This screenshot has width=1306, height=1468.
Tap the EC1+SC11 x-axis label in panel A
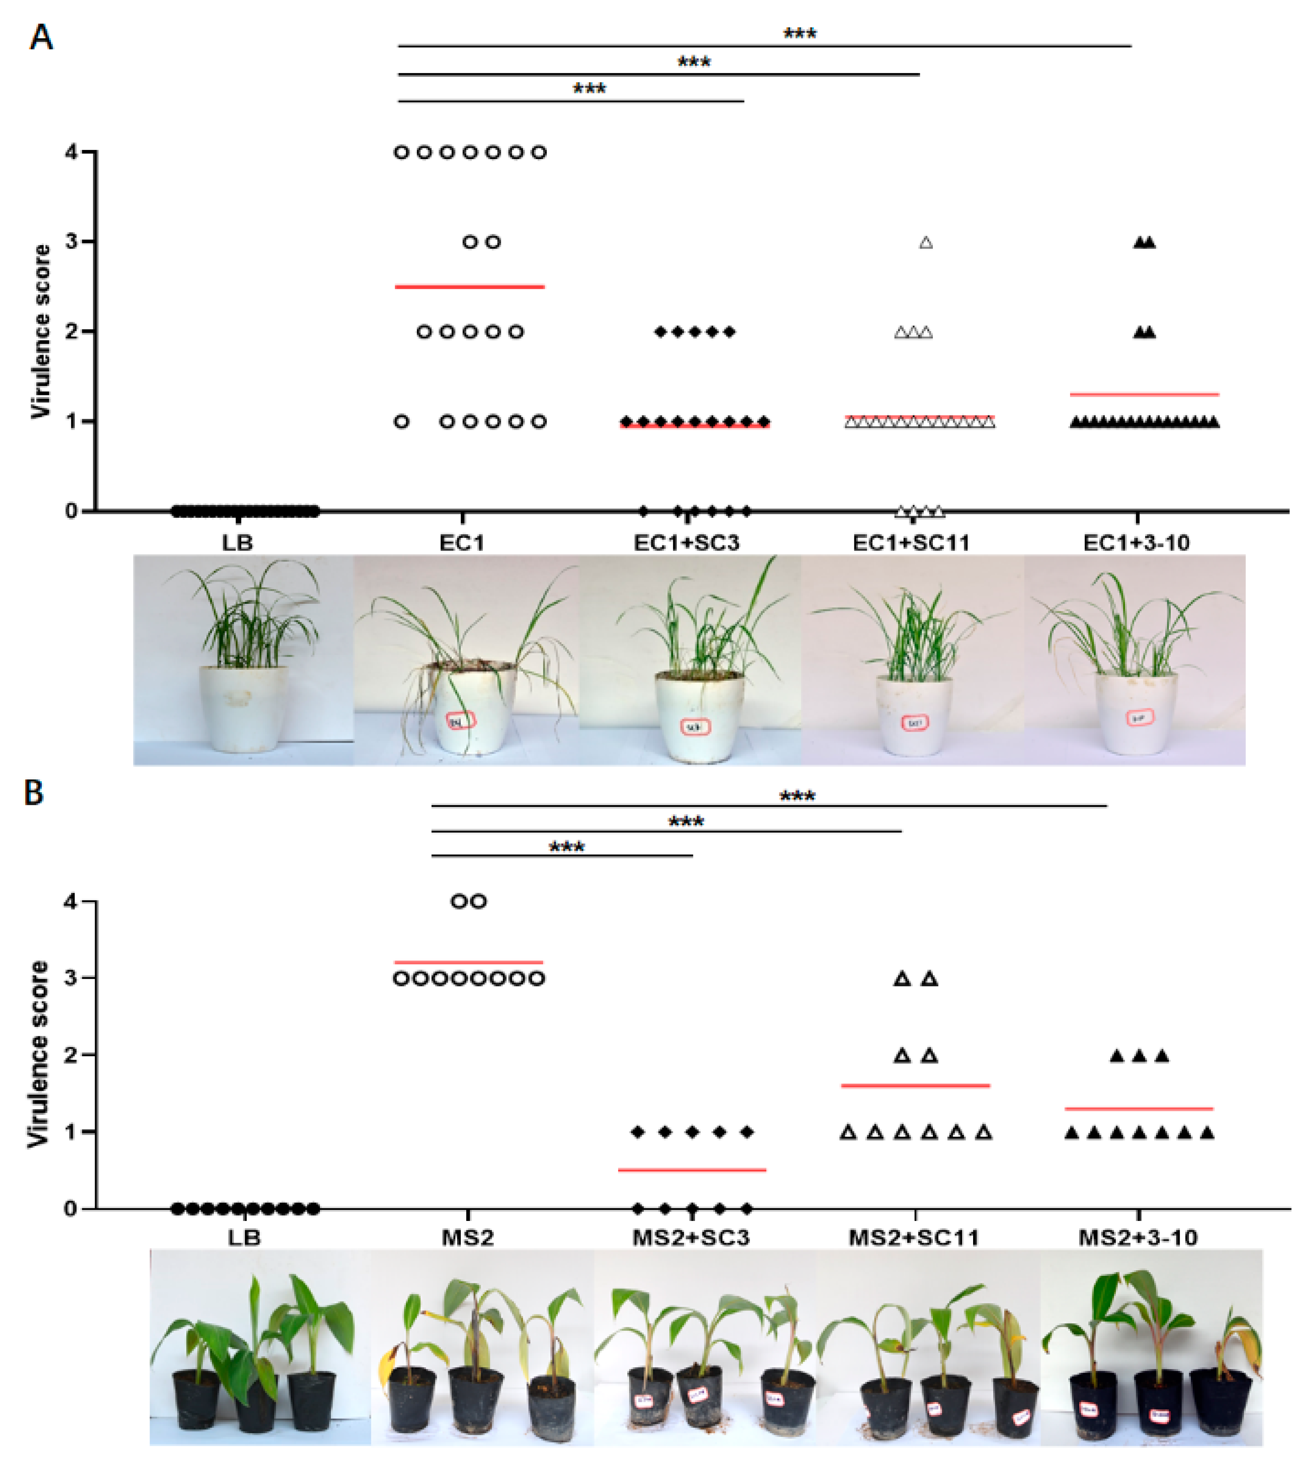(910, 543)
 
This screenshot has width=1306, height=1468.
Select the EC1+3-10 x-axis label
(1136, 543)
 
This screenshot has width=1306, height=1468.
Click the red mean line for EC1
(469, 286)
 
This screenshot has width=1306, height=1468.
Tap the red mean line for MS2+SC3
(692, 1170)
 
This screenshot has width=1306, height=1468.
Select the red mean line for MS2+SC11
(916, 1085)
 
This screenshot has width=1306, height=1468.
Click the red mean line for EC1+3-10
(1144, 394)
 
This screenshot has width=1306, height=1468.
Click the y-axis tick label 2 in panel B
(70, 1055)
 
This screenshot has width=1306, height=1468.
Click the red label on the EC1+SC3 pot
(693, 727)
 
